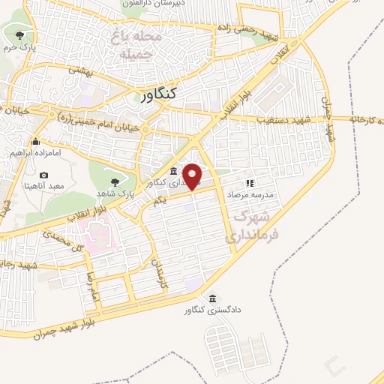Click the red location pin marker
(x=193, y=176)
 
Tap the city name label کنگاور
(x=158, y=94)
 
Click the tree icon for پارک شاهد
(x=114, y=181)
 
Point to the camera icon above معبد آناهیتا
(x=43, y=175)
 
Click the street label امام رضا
(x=92, y=289)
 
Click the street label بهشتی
(x=79, y=69)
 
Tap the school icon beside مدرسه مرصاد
(x=250, y=182)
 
